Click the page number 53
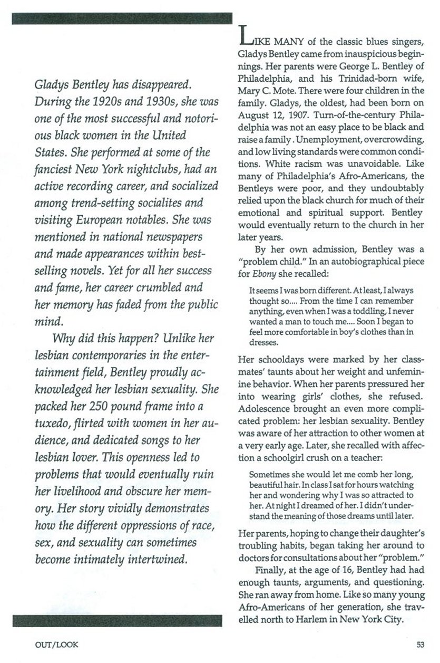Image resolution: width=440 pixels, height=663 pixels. [419, 642]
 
